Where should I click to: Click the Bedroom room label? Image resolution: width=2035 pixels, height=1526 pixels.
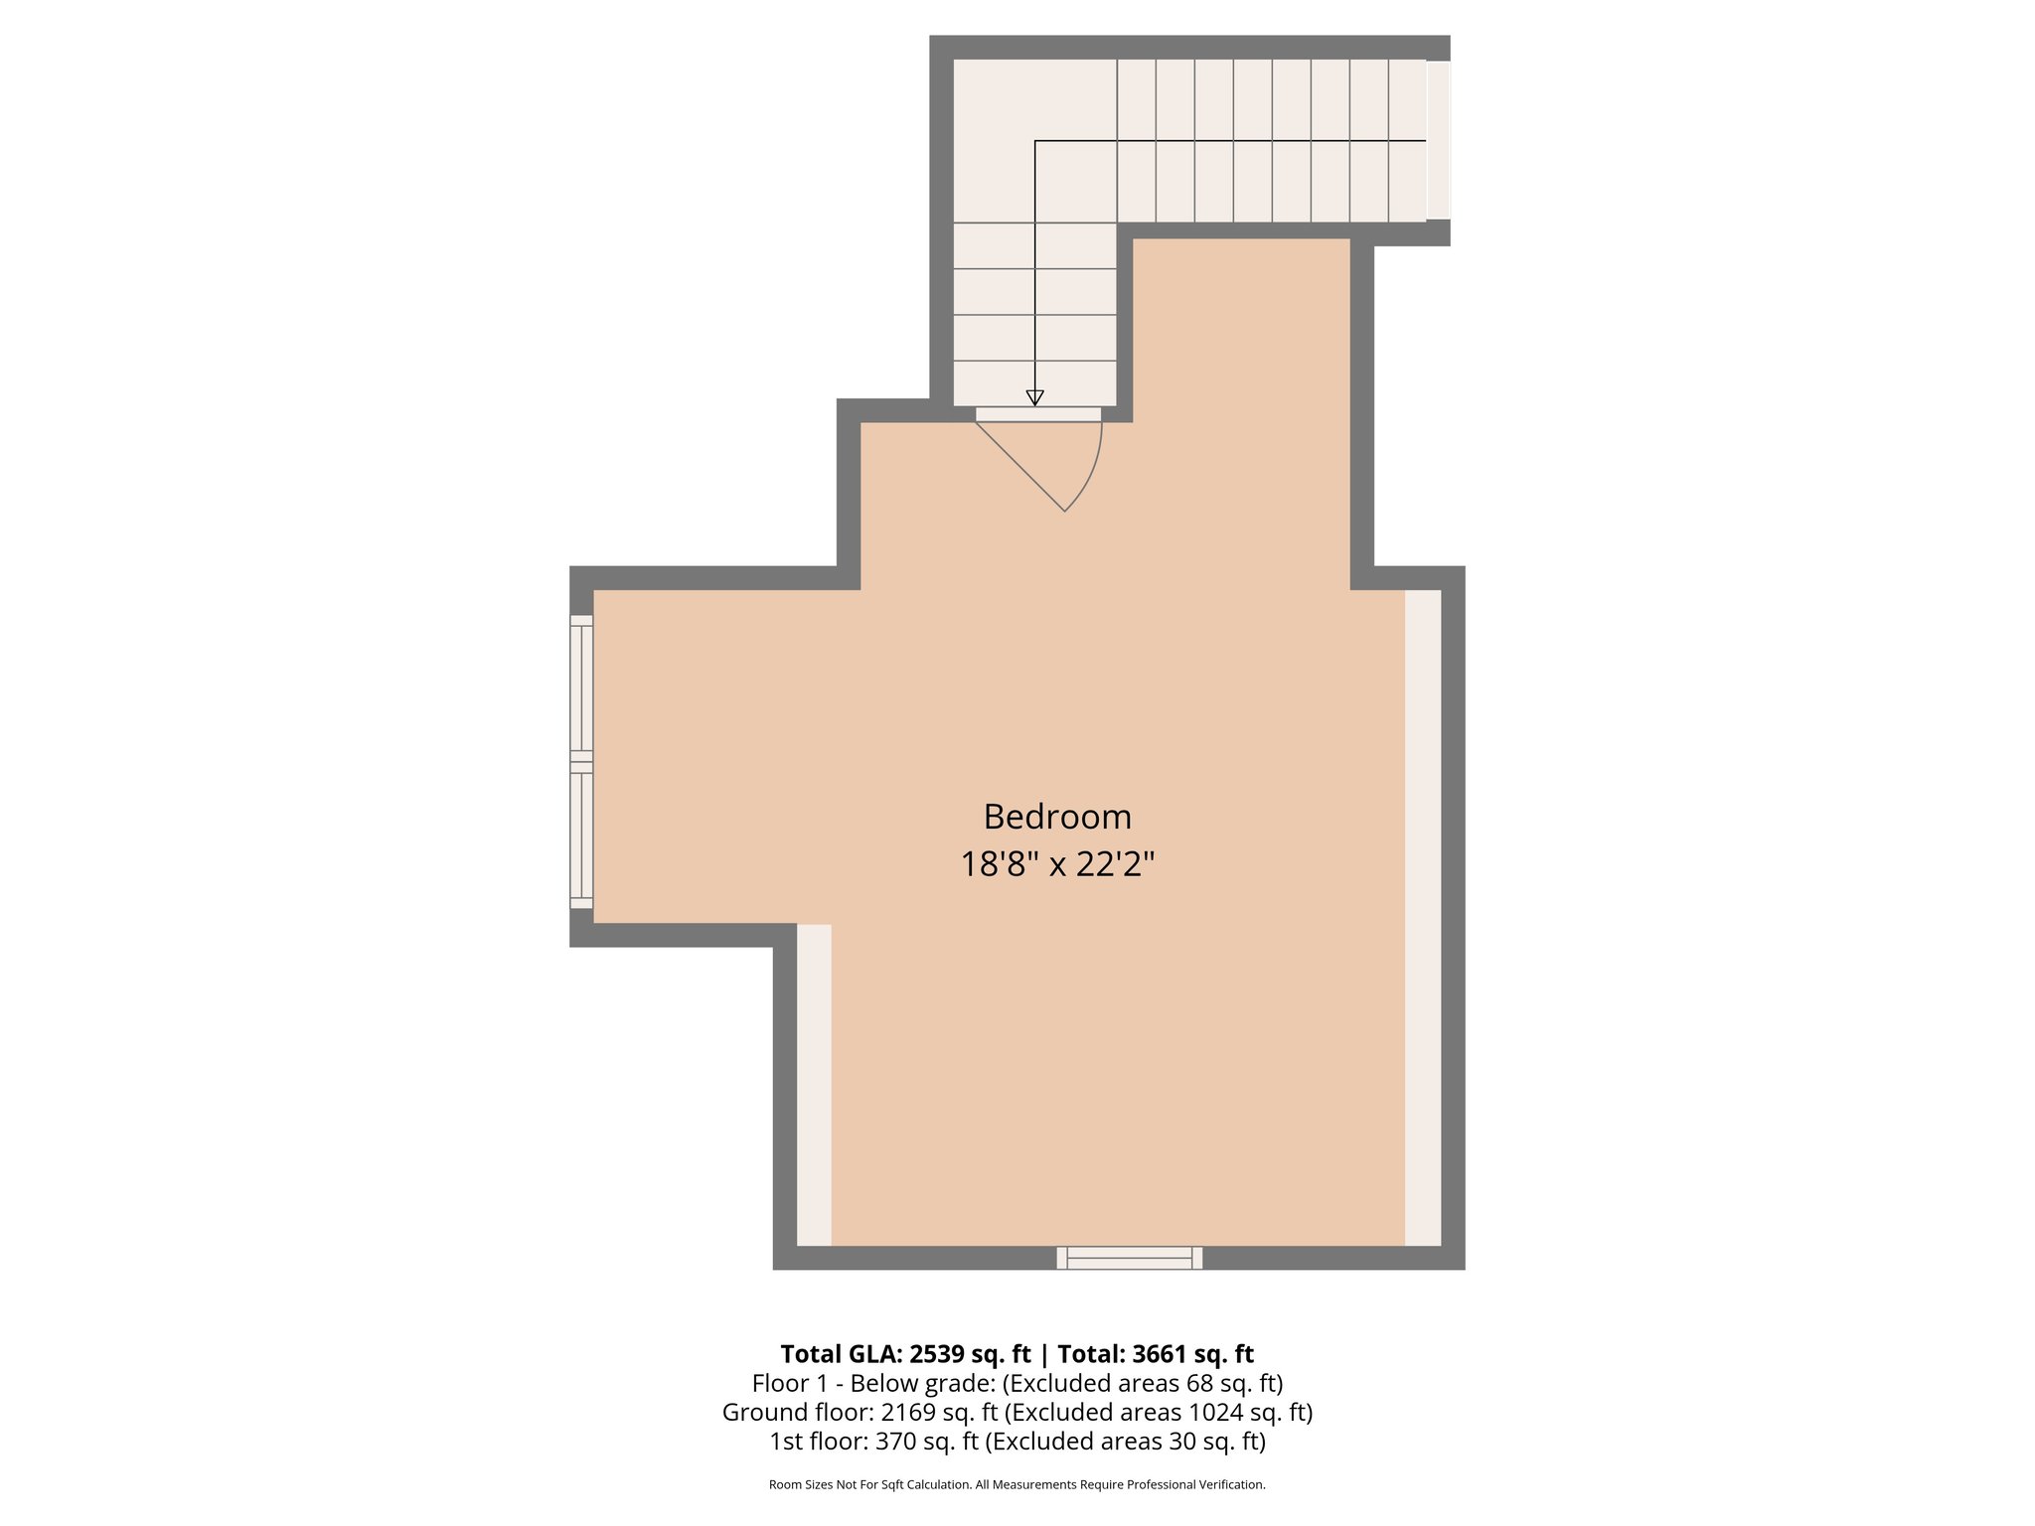point(1057,817)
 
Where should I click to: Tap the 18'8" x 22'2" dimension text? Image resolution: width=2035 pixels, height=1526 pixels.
point(1057,864)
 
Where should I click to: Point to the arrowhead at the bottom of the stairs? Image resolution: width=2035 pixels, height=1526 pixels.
point(1034,397)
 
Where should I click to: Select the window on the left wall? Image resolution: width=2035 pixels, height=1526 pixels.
point(581,761)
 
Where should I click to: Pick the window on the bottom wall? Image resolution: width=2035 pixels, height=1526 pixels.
point(1129,1258)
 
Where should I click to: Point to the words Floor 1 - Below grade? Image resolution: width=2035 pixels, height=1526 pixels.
point(872,1383)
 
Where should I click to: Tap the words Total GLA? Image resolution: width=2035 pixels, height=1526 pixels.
point(839,1354)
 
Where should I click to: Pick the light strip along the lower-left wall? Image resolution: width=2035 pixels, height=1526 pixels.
point(814,1084)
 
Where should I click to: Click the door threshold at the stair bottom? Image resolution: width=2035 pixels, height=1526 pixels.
point(1037,414)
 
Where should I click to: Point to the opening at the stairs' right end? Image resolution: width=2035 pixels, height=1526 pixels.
point(1438,140)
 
